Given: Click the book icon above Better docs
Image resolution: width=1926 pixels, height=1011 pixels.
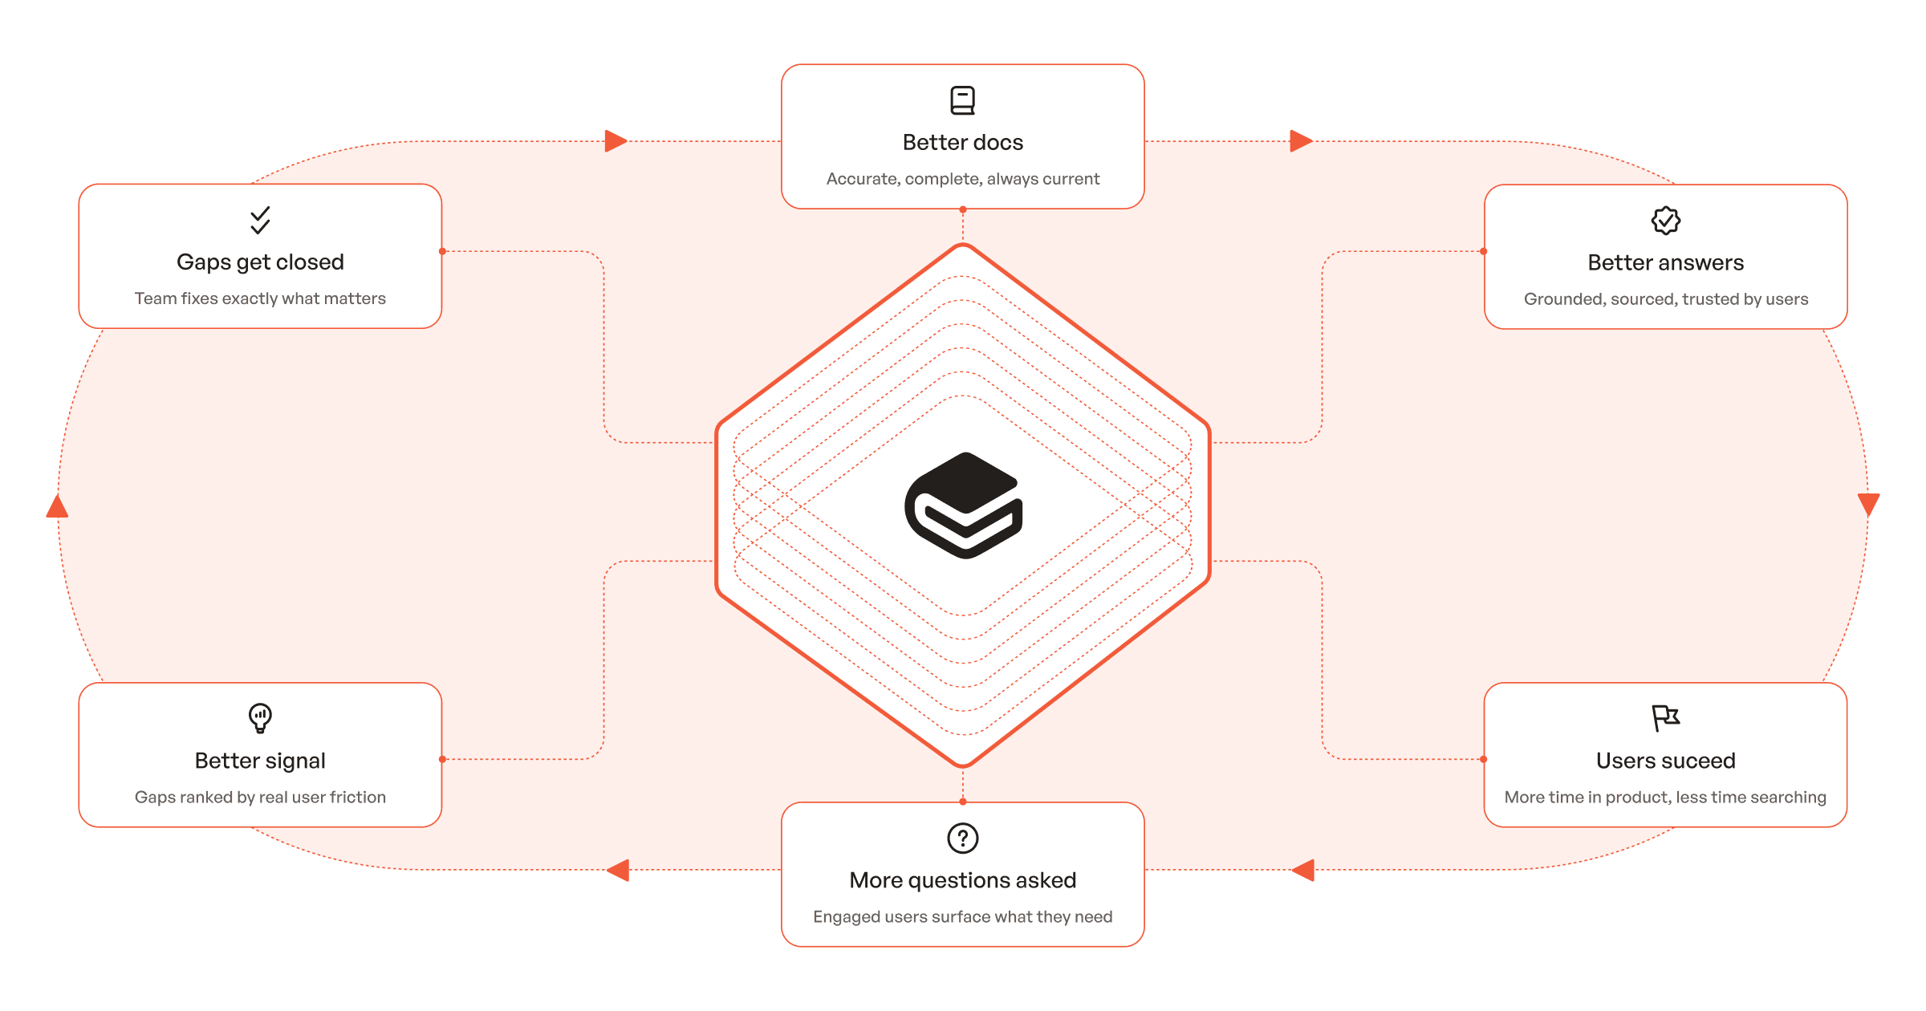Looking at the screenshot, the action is coord(962,100).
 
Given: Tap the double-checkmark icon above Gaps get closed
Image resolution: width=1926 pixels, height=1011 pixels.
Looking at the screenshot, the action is coord(260,220).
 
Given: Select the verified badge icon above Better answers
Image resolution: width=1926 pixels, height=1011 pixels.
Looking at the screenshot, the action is coord(1665,220).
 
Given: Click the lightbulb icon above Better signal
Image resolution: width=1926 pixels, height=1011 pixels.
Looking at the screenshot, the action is coord(260,717).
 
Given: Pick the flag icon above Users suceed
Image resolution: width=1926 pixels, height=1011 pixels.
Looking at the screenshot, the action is coord(1665,717).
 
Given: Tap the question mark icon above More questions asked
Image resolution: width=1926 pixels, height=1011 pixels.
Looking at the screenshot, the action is coord(962,838).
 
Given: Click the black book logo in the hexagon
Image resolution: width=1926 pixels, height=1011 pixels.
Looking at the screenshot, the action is coord(963,505).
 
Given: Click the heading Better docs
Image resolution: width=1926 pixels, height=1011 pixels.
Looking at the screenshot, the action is coord(962,142).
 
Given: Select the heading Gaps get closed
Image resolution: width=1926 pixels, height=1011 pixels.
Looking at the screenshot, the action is coord(260,262).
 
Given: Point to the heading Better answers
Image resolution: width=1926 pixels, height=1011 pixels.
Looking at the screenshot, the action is coord(1665,262).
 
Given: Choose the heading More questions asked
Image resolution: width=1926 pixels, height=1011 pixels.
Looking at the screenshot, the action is coord(962,880).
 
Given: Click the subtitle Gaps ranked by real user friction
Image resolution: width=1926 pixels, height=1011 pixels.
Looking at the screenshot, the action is coord(260,797).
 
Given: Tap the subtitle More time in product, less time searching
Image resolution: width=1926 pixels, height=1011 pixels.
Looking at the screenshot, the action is coord(1665,797).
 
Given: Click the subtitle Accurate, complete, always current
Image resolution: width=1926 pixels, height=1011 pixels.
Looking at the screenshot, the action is coord(962,179).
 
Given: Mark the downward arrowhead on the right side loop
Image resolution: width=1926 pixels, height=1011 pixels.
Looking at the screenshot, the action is coord(1868,504).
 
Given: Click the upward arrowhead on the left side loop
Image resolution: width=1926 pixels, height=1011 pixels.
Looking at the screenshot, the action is coord(57,506).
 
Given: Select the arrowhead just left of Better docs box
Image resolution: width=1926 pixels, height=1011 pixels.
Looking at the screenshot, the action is coord(616,141).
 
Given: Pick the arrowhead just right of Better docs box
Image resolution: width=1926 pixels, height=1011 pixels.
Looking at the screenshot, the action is coord(1300,141).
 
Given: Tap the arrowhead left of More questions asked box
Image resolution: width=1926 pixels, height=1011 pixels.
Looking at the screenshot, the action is coord(619,870).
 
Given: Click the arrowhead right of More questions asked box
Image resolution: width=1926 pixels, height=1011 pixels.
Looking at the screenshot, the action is coord(1304,870).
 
